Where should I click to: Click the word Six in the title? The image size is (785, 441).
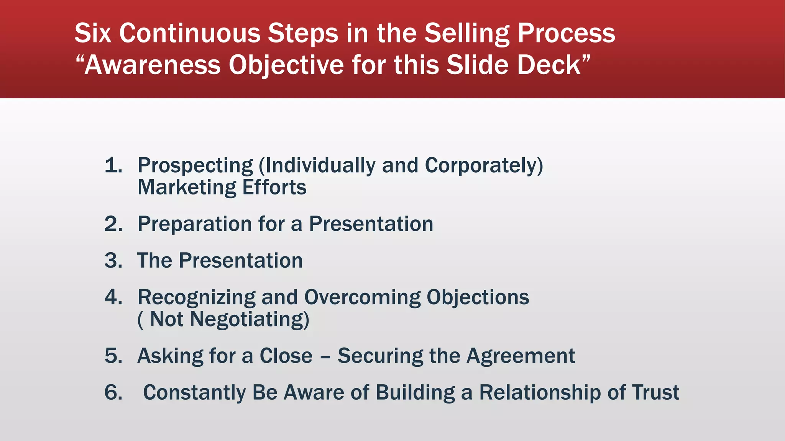click(93, 33)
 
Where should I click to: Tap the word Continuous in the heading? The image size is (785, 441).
click(190, 33)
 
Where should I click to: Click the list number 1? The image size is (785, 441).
click(113, 165)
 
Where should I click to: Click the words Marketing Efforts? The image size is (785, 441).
click(222, 188)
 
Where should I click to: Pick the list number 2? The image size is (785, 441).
click(113, 224)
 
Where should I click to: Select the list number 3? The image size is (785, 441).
click(113, 261)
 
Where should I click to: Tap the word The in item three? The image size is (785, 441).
click(154, 261)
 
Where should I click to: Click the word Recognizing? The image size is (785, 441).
click(196, 298)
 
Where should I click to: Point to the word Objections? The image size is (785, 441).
click(478, 298)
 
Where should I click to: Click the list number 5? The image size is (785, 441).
click(113, 356)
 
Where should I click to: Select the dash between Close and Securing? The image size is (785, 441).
click(325, 357)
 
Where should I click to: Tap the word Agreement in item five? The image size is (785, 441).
click(520, 356)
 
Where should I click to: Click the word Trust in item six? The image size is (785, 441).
click(655, 393)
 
